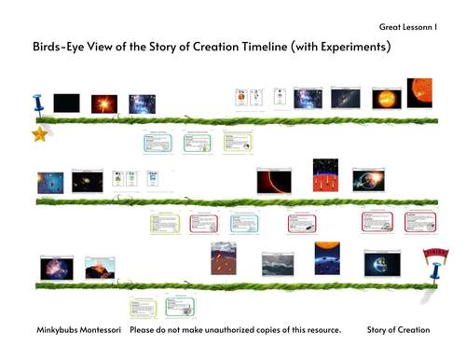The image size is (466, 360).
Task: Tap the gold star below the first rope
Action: click(39, 134)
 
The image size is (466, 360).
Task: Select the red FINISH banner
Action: click(432, 252)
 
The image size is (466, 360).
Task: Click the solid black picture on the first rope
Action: click(66, 103)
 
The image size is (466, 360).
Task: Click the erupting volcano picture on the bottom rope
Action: click(100, 269)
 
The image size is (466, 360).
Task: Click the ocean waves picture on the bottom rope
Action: click(278, 265)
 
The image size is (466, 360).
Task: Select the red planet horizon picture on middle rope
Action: click(274, 181)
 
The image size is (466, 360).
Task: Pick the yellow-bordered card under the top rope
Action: click(238, 143)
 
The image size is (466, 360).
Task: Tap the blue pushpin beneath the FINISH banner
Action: click(431, 274)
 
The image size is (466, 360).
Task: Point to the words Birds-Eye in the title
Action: click(61, 46)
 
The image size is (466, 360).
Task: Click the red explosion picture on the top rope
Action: click(104, 103)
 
